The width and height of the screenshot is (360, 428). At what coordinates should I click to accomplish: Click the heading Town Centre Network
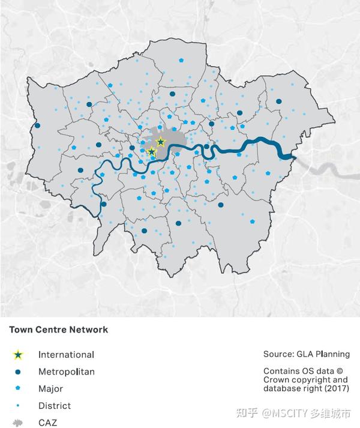(58, 330)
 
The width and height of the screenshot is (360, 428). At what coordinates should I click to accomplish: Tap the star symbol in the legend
(19, 355)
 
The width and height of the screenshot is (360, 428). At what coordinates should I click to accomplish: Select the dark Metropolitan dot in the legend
(19, 372)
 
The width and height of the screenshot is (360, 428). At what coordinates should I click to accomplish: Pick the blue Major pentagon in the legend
(19, 389)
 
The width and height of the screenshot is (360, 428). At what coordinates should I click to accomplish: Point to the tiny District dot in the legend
(19, 406)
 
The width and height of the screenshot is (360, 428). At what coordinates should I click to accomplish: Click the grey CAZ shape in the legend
(19, 423)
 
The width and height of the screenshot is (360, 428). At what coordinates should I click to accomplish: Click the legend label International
(66, 355)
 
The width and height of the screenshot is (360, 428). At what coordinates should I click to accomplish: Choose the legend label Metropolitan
(66, 372)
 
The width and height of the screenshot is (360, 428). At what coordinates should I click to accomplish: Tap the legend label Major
(50, 389)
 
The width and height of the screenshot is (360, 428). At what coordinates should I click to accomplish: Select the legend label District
(54, 406)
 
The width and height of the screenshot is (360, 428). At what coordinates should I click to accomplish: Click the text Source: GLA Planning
(306, 354)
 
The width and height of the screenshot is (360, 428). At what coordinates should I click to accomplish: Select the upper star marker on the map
(160, 142)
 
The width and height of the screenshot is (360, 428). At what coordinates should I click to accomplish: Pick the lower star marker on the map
(152, 152)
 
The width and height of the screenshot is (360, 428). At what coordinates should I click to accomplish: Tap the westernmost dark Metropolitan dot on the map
(38, 126)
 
